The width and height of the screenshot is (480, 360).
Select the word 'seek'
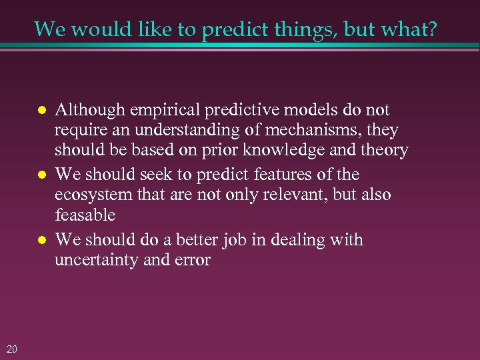[155, 175]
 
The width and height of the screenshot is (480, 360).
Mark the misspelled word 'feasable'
[85, 215]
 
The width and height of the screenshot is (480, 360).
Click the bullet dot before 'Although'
[41, 110]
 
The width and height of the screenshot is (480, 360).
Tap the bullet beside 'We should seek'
[41, 175]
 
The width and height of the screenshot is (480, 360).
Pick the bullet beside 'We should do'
[41, 239]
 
